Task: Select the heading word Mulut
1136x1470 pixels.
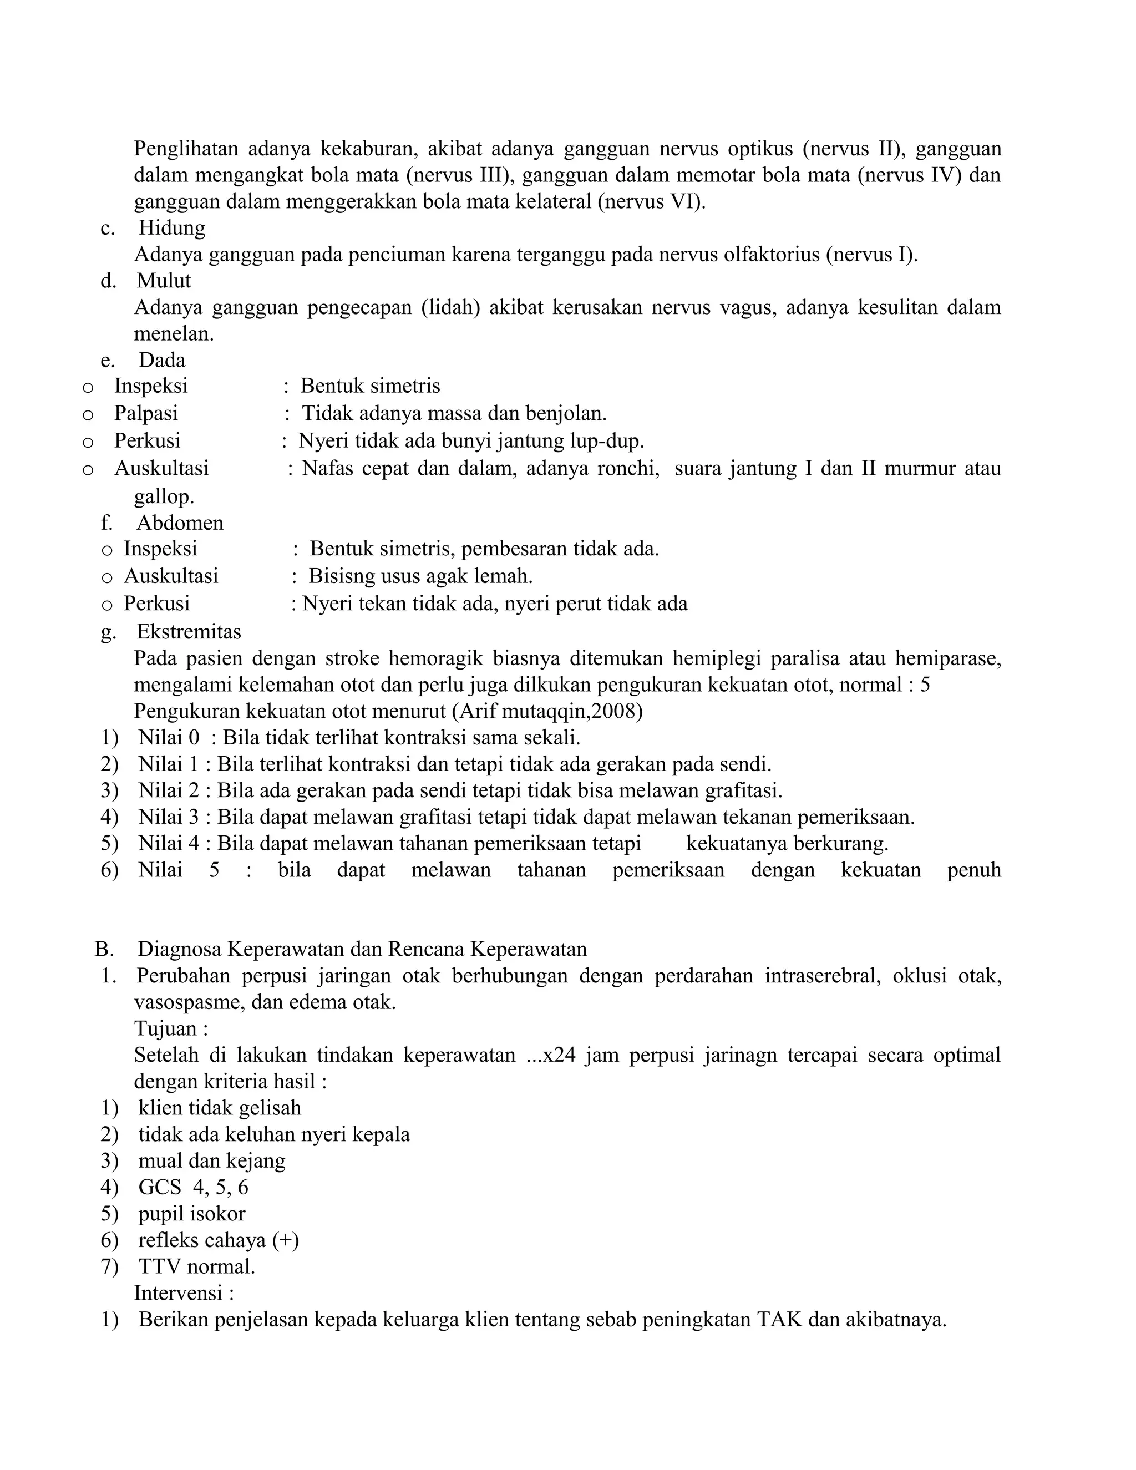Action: [164, 280]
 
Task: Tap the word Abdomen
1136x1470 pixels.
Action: [180, 523]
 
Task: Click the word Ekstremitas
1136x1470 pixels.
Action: [189, 631]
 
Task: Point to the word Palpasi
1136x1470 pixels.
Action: [146, 413]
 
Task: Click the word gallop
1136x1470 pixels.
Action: [164, 496]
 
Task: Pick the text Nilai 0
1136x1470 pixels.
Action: [169, 738]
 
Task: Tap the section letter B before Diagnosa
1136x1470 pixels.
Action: [103, 949]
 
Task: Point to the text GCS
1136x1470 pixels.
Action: [160, 1187]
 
